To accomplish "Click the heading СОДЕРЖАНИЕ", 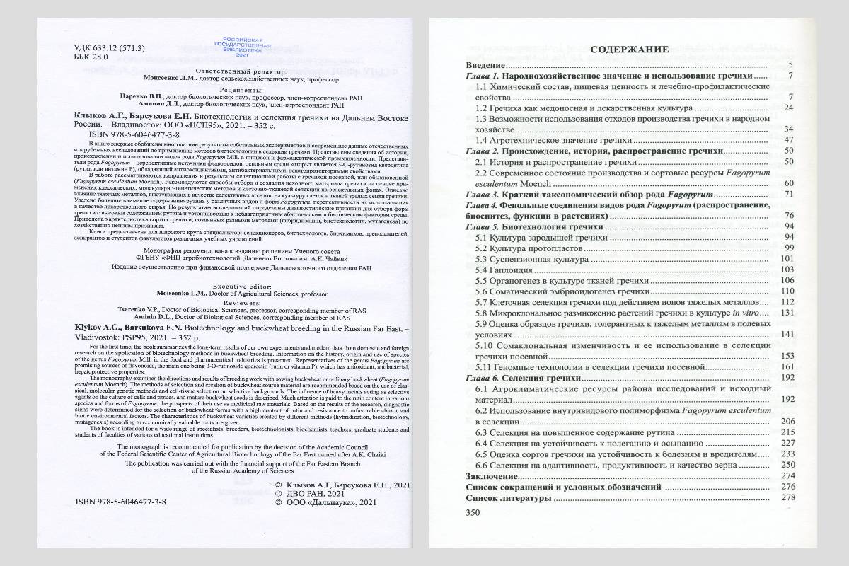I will pos(630,50).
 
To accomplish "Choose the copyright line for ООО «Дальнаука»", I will pos(323,502).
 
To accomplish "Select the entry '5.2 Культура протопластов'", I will pos(529,247).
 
